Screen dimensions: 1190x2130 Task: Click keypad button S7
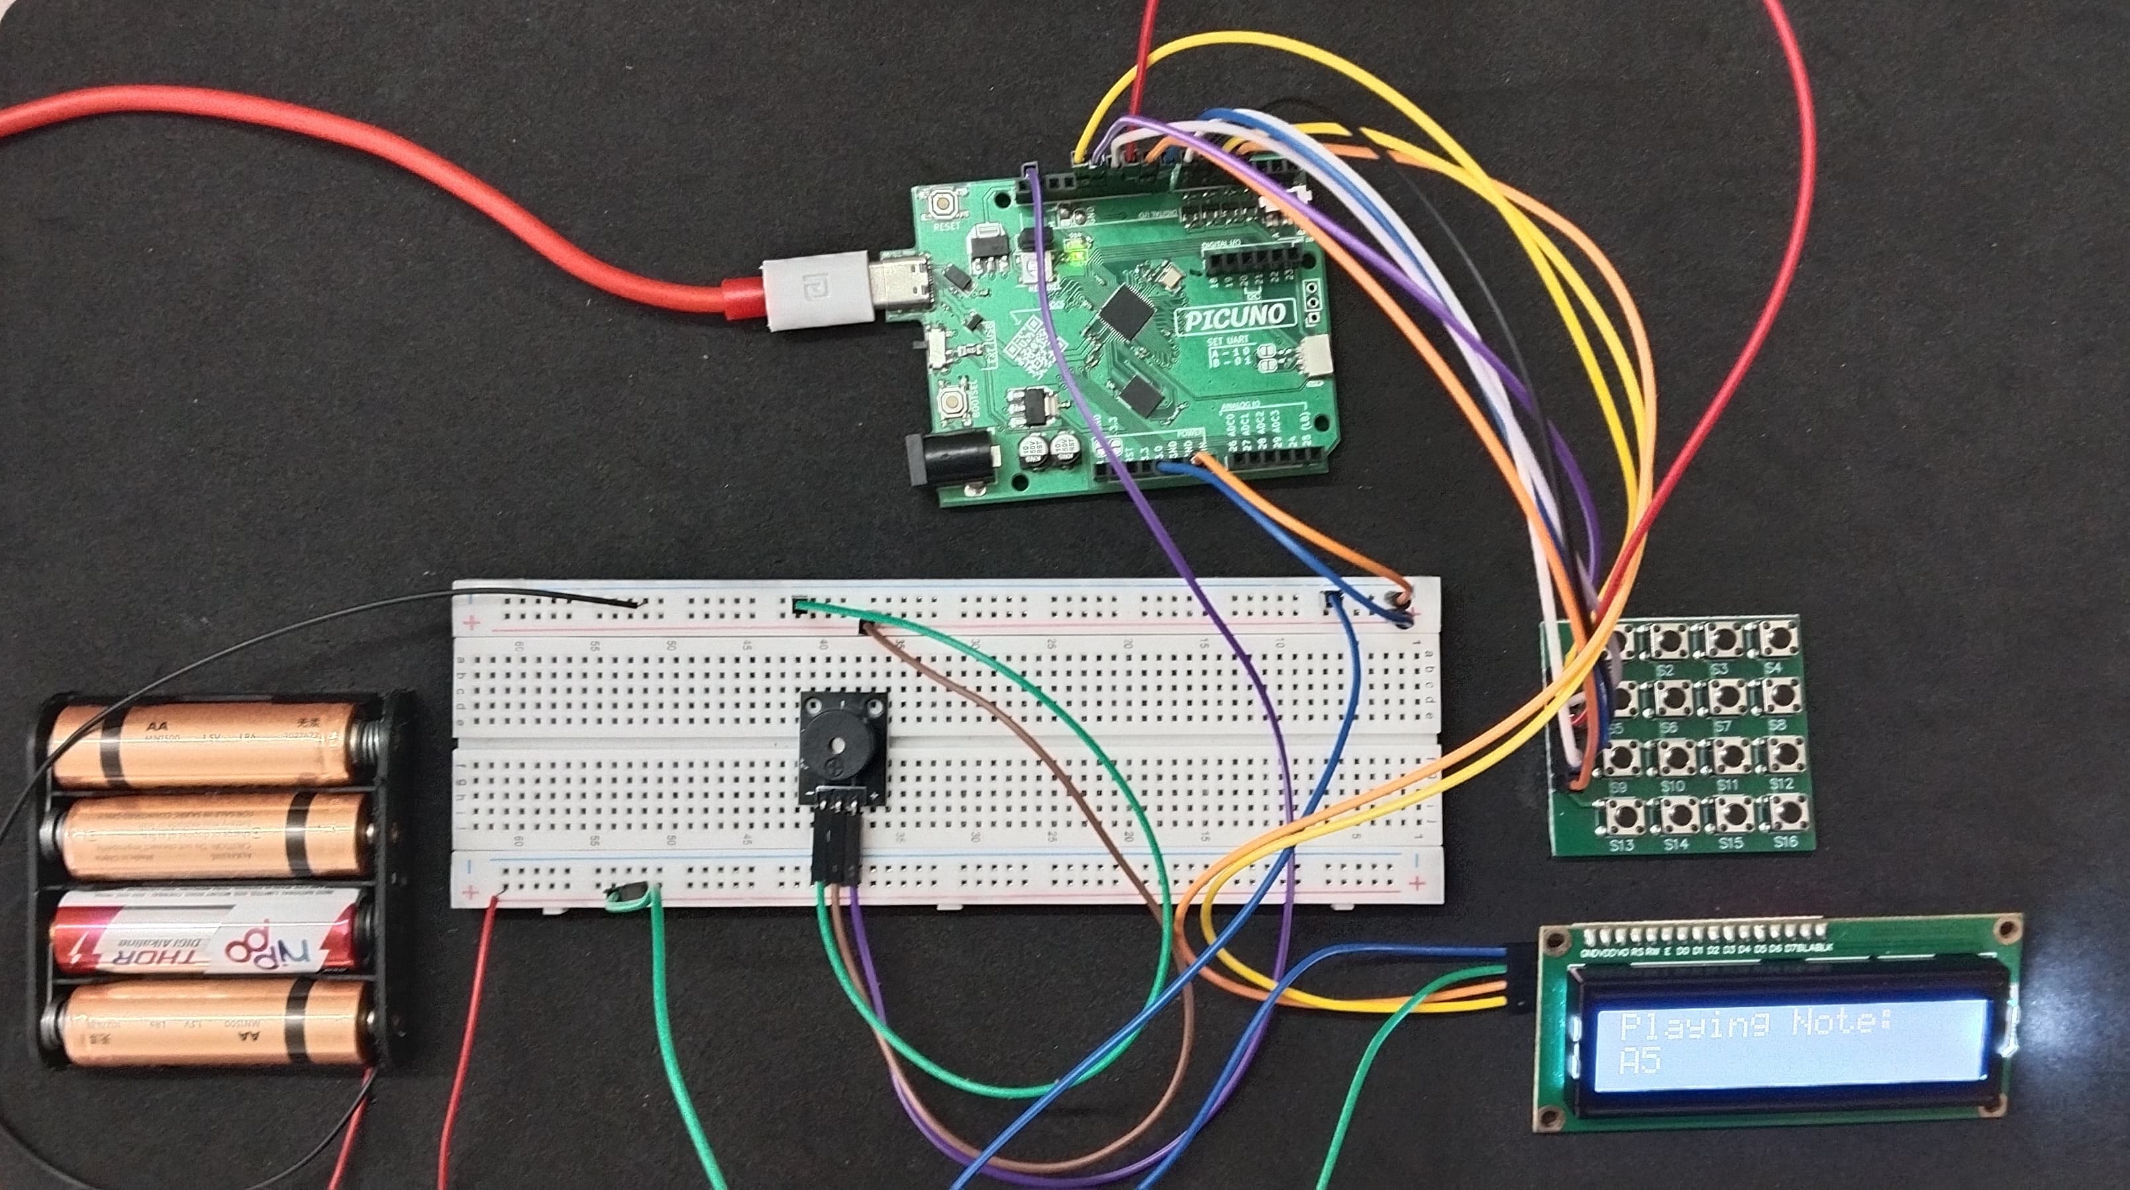pyautogui.click(x=1723, y=697)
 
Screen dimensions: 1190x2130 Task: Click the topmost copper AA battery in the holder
pyautogui.click(x=207, y=741)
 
